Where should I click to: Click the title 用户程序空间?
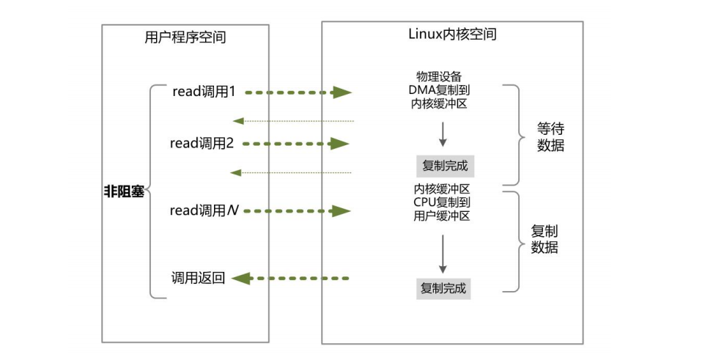tap(185, 38)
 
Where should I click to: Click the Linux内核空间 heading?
tap(451, 34)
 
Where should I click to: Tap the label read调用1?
tap(204, 92)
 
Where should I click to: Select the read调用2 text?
tap(202, 144)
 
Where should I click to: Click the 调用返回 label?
tap(198, 278)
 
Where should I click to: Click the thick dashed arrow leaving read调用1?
tap(297, 92)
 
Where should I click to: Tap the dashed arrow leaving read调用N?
tap(297, 211)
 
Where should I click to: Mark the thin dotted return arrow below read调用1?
tap(293, 120)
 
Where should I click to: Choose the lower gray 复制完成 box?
tap(443, 288)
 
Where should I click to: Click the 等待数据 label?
tap(550, 136)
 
